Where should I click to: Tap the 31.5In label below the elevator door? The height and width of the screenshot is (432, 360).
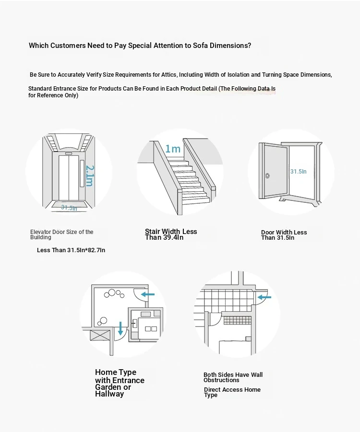coord(69,208)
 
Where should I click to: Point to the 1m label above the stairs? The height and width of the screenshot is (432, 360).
coord(173,149)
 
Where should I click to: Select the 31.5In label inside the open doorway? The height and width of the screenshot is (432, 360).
coord(298,171)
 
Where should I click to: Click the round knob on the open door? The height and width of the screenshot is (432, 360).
coord(268,175)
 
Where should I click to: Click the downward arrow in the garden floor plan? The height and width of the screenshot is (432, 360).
coord(120,328)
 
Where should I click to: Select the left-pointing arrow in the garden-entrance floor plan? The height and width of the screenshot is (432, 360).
coord(148,294)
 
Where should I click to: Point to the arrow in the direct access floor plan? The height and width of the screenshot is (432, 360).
coord(264,297)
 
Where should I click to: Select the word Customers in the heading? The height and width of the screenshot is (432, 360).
coord(67,46)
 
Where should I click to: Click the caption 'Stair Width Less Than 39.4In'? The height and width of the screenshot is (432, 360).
coord(171,234)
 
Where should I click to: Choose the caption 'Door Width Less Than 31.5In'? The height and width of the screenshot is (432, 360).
coord(284,235)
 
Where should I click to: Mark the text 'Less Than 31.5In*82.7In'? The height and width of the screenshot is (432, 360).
coord(71,250)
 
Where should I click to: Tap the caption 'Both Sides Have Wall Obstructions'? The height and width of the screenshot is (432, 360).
coord(233,377)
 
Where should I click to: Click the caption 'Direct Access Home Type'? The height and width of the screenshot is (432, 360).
coord(232,392)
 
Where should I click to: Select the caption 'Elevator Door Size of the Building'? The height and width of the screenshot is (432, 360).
coord(61,234)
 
